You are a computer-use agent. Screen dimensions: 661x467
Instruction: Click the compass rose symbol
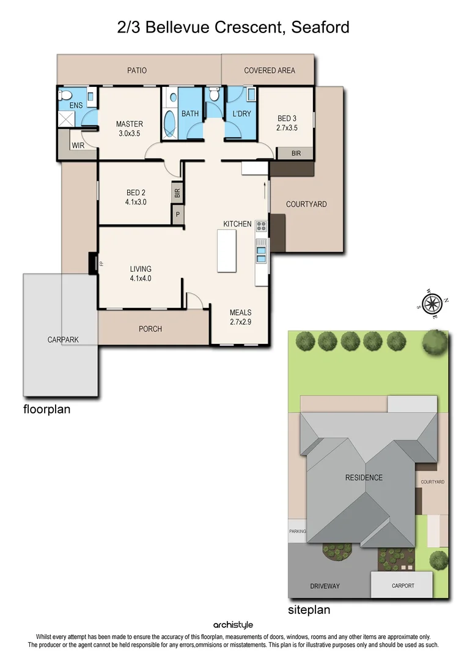[x=432, y=303]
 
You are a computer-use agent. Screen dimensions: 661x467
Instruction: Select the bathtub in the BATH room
[x=170, y=117]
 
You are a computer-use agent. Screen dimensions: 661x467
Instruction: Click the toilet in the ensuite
[x=64, y=95]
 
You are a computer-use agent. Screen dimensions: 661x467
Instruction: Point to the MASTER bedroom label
[x=130, y=124]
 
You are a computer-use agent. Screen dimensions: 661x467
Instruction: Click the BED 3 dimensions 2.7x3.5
[x=287, y=129]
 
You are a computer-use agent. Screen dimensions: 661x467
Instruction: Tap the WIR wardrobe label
[x=78, y=146]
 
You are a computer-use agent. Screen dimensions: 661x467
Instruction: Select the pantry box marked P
[x=177, y=215]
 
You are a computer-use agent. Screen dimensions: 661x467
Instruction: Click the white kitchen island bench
[x=227, y=251]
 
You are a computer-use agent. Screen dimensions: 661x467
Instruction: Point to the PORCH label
[x=150, y=329]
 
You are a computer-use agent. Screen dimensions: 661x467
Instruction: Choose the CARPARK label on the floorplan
[x=64, y=340]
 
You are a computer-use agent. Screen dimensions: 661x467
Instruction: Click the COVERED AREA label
[x=269, y=70]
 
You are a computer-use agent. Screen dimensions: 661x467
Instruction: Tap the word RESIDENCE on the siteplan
[x=364, y=478]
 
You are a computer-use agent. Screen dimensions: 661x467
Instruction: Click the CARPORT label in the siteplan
[x=403, y=586]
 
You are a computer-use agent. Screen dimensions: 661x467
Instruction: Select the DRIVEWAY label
[x=325, y=586]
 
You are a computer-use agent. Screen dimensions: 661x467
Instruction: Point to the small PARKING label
[x=298, y=532]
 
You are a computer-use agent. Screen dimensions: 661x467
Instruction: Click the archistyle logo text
[x=233, y=625]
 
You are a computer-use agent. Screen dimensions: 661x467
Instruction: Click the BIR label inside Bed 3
[x=296, y=153]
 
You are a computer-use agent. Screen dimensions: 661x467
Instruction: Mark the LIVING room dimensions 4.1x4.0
[x=140, y=278]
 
